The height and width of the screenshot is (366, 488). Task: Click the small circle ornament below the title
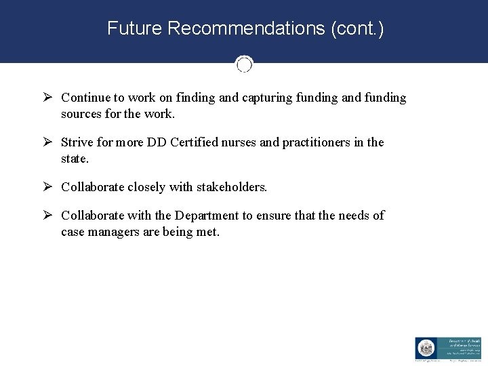tap(244, 64)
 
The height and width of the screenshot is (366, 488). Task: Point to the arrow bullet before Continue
tap(47, 98)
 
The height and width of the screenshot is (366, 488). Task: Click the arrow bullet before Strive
tap(47, 142)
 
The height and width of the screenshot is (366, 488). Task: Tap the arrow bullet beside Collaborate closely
tap(47, 187)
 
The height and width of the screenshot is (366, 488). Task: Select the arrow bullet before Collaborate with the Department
tap(47, 216)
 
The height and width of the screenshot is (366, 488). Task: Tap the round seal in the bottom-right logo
tap(425, 348)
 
